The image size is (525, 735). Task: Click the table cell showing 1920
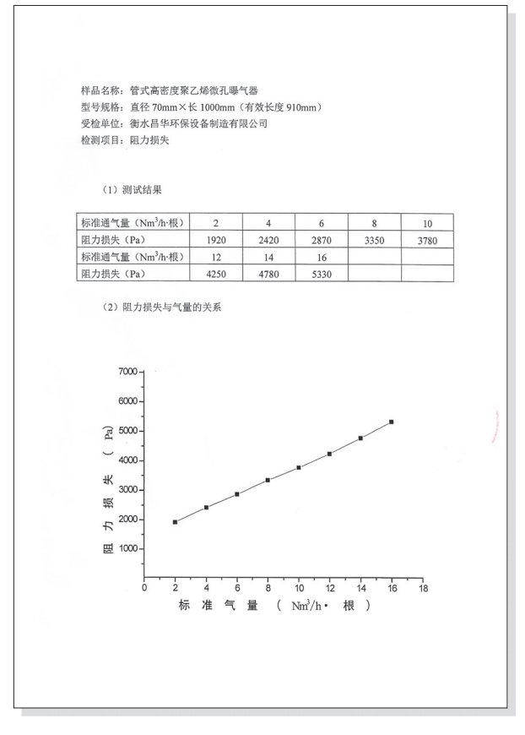217,240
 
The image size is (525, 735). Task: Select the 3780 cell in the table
427,240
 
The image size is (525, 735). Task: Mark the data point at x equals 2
175,522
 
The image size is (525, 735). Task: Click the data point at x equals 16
392,422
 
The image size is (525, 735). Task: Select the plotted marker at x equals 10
299,467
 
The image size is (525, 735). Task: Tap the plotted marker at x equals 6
237,494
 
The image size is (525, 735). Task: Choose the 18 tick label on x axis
423,588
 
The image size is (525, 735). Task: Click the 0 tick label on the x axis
144,588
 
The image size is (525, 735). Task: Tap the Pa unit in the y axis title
109,434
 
